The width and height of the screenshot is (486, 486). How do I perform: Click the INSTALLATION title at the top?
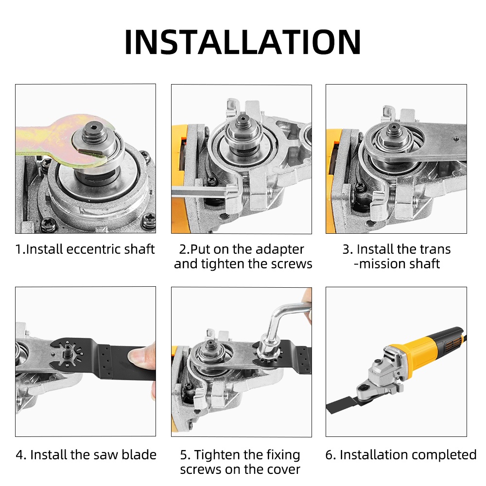coord(243,42)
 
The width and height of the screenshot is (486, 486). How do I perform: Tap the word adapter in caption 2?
coord(280,250)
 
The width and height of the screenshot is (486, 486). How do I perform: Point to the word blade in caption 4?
coord(139,455)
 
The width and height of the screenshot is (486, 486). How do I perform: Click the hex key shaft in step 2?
coord(202,191)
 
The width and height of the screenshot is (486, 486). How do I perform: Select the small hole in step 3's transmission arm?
coord(456,139)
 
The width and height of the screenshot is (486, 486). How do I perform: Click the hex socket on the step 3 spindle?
coord(394,126)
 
